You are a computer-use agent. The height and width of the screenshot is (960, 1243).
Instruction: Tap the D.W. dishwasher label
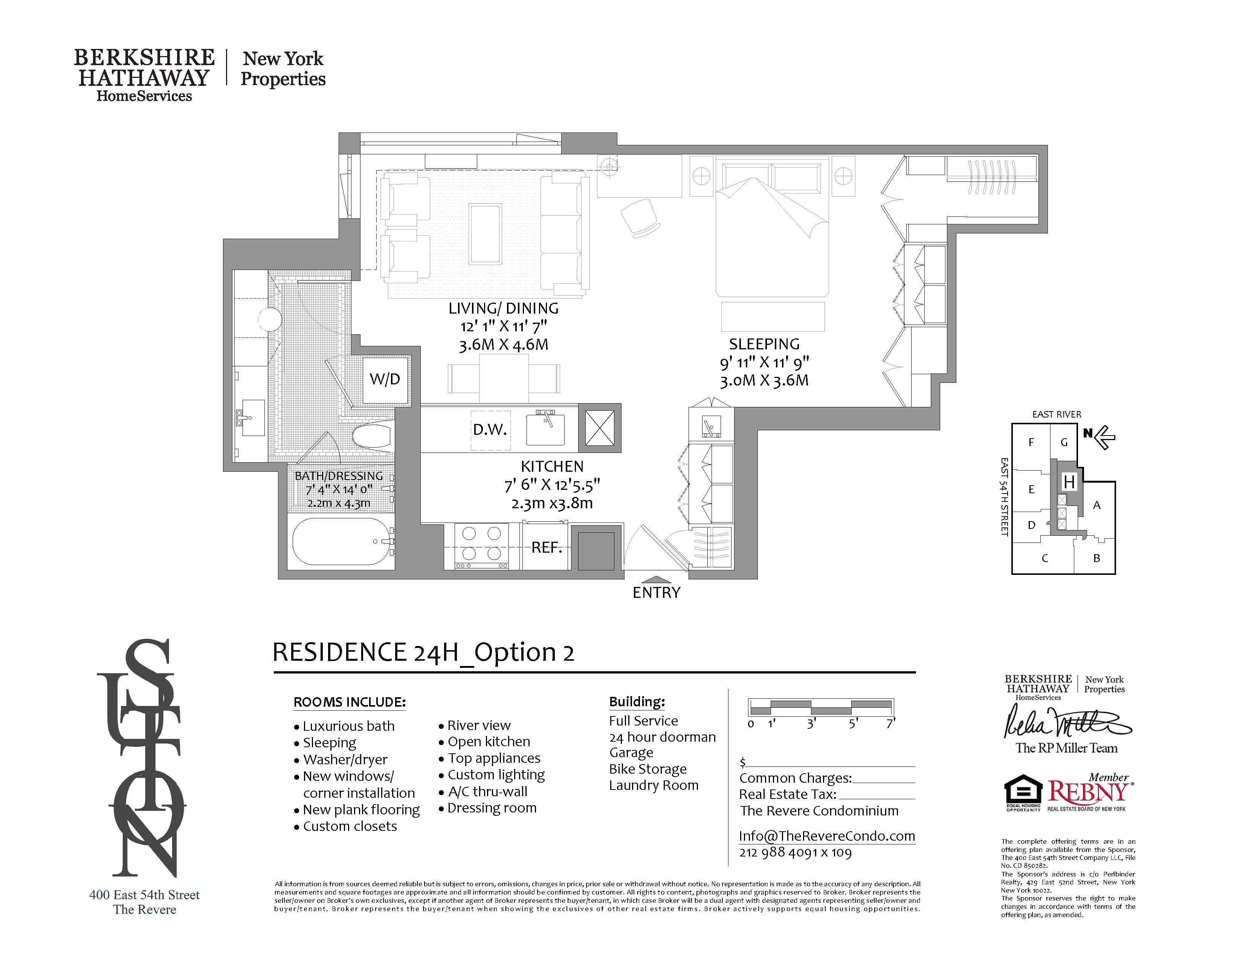489,430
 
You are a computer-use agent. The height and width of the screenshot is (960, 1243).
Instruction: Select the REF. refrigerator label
547,548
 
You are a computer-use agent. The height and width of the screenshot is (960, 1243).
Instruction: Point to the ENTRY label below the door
656,593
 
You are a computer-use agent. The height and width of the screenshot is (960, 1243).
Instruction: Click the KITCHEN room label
552,466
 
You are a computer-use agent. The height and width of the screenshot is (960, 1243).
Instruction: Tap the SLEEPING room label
764,344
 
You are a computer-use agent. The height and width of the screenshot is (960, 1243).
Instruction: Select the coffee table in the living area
486,234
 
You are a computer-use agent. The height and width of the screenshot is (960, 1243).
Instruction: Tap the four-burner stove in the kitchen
481,545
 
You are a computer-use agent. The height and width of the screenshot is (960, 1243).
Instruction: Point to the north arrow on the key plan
1101,437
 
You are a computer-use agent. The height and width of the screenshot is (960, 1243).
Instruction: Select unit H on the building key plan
1069,482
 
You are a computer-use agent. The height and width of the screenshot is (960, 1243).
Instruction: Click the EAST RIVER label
1056,414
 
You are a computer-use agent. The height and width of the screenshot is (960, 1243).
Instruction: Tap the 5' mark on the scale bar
852,724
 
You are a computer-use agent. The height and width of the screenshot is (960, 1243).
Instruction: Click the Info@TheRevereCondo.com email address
826,836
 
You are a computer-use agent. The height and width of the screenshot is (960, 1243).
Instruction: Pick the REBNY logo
1087,792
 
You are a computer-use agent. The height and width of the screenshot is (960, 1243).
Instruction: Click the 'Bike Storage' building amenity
648,769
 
